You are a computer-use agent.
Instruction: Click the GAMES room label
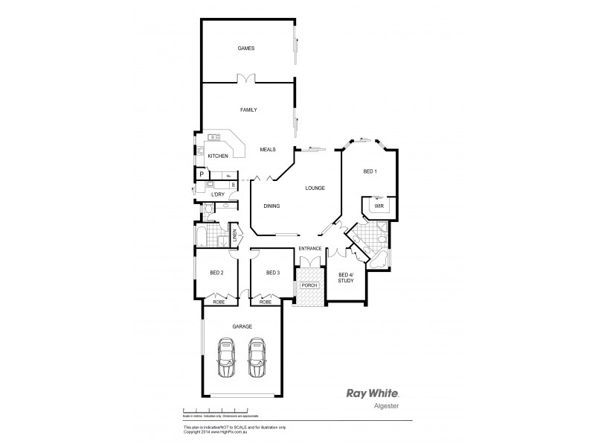pos(246,48)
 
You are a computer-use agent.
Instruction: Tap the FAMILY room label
pos(248,110)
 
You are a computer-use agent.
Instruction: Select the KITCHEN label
pos(217,156)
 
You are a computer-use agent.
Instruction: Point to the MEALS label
pos(268,150)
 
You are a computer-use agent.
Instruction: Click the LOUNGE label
pos(315,188)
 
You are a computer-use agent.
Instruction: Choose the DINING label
pos(271,206)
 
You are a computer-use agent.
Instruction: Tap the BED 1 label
pos(370,171)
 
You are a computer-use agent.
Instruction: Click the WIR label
pos(379,205)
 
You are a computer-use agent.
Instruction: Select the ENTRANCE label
pos(310,248)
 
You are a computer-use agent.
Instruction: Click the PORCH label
pos(309,285)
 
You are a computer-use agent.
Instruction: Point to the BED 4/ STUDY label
pos(346,278)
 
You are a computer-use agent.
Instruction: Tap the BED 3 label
pos(272,273)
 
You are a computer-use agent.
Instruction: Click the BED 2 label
pos(216,273)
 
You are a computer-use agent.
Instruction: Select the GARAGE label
pos(242,326)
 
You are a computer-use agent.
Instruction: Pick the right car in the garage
pos(257,359)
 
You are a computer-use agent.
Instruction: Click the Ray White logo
pos(373,393)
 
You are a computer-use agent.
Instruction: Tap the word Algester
pos(384,408)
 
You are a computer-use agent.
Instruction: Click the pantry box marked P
pos(201,175)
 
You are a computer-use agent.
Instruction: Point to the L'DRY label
pos(217,194)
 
